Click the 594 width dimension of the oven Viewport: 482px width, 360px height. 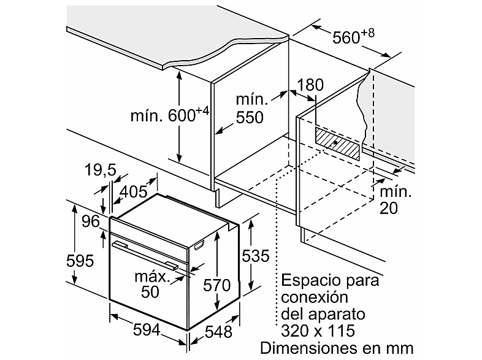pos(147,330)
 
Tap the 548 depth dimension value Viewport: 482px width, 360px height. pos(218,332)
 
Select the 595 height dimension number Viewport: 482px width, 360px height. pos(80,261)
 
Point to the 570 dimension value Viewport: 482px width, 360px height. pos(217,285)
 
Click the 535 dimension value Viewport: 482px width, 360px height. pos(256,256)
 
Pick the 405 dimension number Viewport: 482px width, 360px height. pos(134,192)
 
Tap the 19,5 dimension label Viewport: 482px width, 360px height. pos(100,170)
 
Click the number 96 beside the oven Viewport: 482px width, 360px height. pos(91,221)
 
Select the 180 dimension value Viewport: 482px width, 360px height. pos(310,85)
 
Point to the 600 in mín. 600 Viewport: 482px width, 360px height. pos(182,116)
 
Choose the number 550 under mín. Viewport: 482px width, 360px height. pos(250,117)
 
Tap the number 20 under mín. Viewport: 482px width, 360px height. pos(389,208)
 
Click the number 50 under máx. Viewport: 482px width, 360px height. pos(150,291)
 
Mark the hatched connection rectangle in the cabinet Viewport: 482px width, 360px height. pos(337,144)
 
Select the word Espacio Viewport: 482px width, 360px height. pos(312,281)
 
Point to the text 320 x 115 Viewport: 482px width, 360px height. pos(318,331)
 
